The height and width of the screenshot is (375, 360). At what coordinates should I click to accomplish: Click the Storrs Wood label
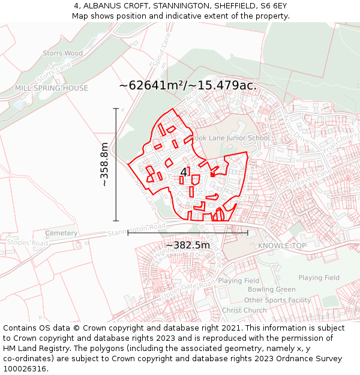click(63, 53)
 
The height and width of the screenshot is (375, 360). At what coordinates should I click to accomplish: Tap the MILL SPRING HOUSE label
click(52, 88)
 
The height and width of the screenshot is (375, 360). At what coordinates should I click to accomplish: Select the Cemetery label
click(61, 233)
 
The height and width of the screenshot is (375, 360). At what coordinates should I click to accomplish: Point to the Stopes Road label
click(27, 243)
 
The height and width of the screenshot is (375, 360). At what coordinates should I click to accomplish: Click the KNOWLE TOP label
click(282, 246)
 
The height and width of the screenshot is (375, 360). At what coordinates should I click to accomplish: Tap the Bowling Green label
click(272, 290)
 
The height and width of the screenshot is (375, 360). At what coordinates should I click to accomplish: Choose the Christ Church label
click(244, 310)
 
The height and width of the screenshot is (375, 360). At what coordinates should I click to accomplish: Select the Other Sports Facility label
click(278, 300)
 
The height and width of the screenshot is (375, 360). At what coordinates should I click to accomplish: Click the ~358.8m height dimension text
click(105, 164)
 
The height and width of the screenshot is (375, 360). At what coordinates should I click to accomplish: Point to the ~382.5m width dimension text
click(188, 245)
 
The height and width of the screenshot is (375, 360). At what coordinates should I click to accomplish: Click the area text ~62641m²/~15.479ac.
click(188, 85)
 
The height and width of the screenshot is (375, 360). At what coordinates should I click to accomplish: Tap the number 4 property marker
click(184, 172)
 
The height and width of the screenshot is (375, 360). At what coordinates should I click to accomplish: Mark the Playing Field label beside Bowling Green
click(239, 280)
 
